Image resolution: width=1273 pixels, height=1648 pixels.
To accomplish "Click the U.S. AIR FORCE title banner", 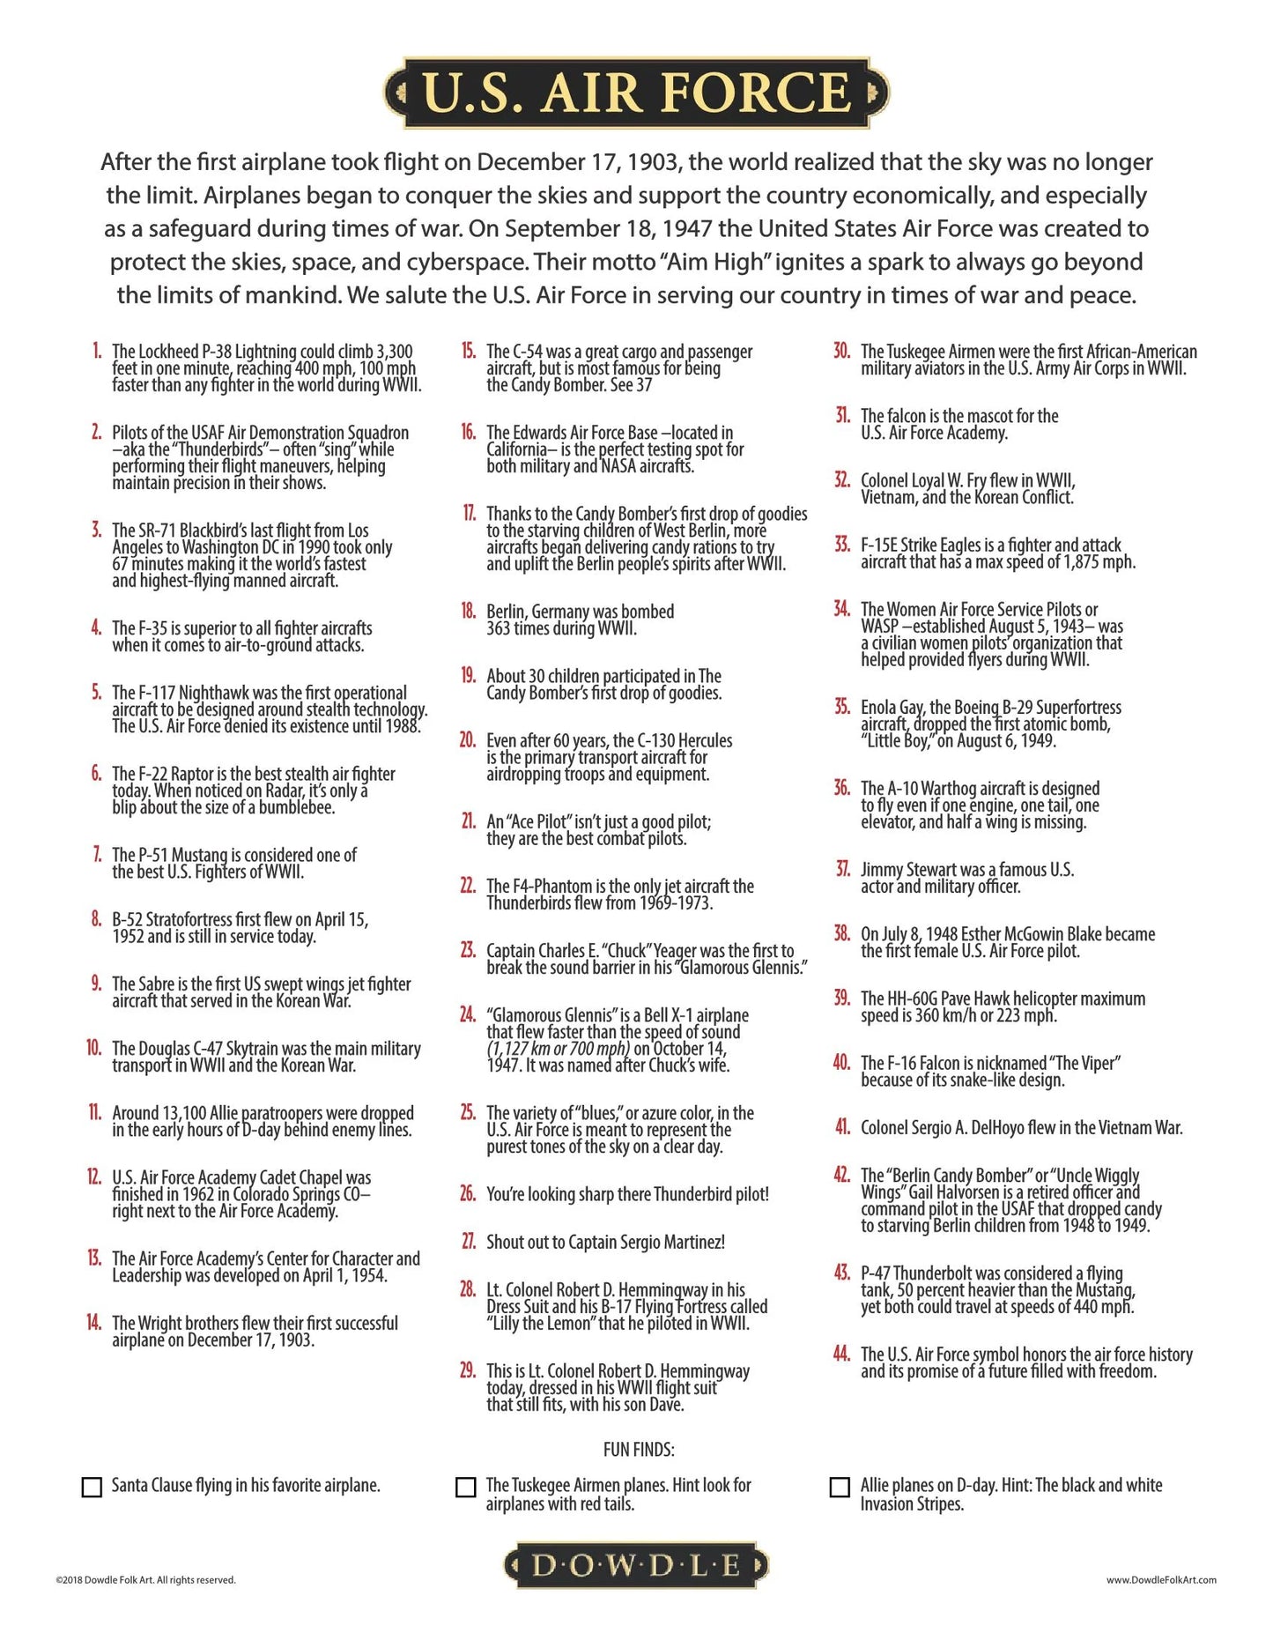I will pos(636,93).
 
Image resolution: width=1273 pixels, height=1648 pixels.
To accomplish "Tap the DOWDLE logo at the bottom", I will pos(636,1565).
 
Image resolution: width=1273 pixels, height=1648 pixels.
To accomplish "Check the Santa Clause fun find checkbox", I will pos(92,1487).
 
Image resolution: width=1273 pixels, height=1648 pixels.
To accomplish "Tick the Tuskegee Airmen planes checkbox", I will pos(465,1487).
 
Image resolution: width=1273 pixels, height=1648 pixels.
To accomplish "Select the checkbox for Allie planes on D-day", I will pos(840,1487).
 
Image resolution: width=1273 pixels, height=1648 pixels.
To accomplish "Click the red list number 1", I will pos(97,351).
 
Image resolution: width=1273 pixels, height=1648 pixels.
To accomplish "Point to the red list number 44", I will pos(842,1353).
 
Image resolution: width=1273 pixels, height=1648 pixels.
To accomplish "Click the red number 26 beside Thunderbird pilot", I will pos(468,1193).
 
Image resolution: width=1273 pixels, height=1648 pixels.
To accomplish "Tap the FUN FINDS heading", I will pos(639,1449).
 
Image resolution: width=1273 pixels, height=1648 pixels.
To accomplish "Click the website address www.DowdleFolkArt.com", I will pos(1161,1579).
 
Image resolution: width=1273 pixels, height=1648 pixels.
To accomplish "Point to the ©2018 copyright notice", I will pos(145,1579).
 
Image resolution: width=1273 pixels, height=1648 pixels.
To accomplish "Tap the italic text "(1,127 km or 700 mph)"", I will pos(558,1049).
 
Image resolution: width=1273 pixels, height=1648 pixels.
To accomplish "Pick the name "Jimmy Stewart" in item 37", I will pos(909,870).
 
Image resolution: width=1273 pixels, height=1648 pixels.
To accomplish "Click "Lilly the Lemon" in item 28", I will pos(546,1324).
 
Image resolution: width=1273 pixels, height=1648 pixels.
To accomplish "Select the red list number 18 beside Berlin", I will pos(468,610).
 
